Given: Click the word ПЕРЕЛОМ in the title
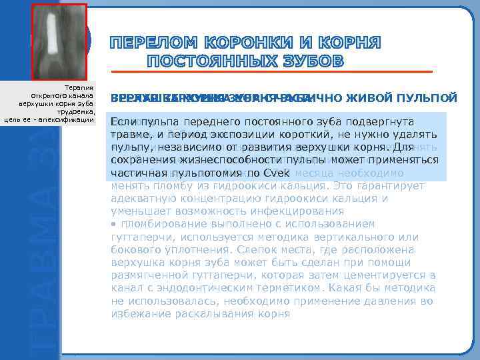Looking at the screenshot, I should click(150, 44).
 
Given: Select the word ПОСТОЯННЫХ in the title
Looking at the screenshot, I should click(213, 62).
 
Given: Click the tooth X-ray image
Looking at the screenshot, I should click(59, 40).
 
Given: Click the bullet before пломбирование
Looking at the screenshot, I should click(113, 224).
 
